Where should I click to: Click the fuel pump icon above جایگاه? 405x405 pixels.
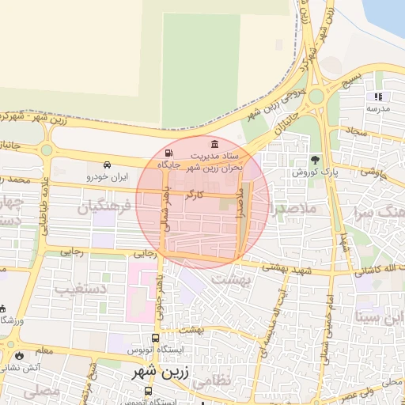tap(168, 153)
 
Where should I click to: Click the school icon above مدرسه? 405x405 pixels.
tap(377, 97)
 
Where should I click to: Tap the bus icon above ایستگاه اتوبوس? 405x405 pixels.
tap(155, 337)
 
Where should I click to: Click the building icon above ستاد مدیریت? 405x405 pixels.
tap(214, 143)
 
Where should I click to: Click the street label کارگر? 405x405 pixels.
tap(194, 194)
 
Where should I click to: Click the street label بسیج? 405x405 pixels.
tap(350, 80)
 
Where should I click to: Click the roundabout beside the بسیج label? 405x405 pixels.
tap(317, 97)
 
